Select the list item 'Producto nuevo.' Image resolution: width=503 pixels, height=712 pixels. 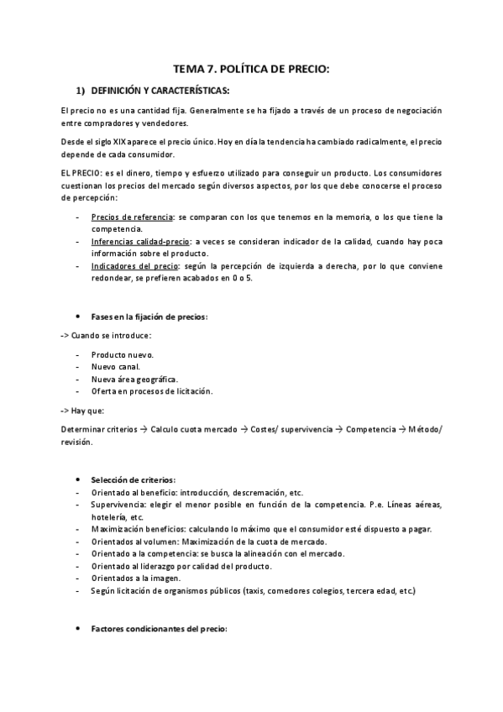[123, 354]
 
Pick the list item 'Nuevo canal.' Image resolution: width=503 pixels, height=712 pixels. [117, 367]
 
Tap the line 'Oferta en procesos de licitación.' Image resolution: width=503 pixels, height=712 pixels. [153, 391]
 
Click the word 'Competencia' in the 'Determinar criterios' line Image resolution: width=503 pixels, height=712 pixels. [370, 429]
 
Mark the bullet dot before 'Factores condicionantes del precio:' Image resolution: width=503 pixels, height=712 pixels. [78, 629]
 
